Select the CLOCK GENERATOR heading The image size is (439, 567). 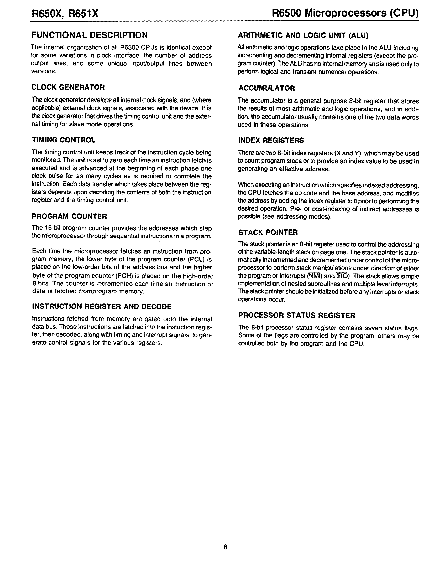68,87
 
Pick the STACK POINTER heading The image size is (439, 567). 268,232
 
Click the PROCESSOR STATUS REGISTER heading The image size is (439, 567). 297,315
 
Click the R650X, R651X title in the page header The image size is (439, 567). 65,13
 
